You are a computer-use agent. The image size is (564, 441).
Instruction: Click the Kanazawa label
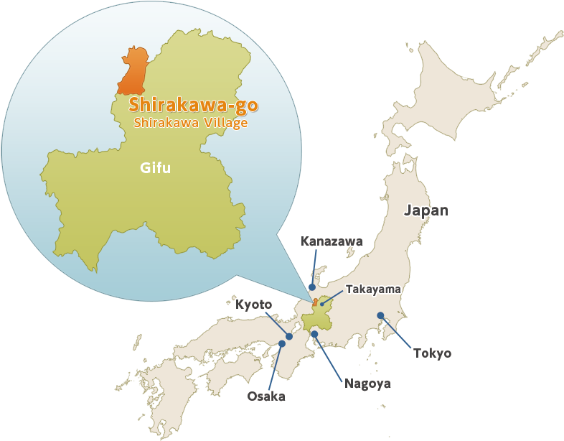pos(332,241)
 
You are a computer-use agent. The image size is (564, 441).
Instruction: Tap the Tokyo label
pos(432,353)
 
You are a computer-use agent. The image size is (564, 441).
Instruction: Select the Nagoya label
pos(367,384)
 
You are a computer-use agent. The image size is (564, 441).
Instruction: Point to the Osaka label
pos(266,396)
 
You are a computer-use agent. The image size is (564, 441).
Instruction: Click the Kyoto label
pos(253,305)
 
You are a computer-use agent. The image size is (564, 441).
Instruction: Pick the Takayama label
pos(373,289)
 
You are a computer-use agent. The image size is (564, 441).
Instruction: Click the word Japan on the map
pos(426,210)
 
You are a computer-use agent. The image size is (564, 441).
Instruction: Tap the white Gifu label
pos(156,168)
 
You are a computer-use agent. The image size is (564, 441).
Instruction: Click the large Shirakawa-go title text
pos(193,106)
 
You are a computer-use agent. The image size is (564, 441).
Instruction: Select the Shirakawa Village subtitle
pos(191,123)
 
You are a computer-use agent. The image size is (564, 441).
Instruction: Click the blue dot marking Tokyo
pos(380,315)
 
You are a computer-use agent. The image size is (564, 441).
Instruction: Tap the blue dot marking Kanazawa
pos(311,287)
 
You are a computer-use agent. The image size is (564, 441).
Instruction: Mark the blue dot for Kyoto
pos(289,336)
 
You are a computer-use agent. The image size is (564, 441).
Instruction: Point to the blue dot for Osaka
pos(282,344)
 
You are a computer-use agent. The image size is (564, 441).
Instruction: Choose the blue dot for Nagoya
pos(314,334)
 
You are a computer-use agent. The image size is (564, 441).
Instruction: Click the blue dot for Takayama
pos(323,304)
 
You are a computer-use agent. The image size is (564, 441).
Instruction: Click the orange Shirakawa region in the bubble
pos(133,72)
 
